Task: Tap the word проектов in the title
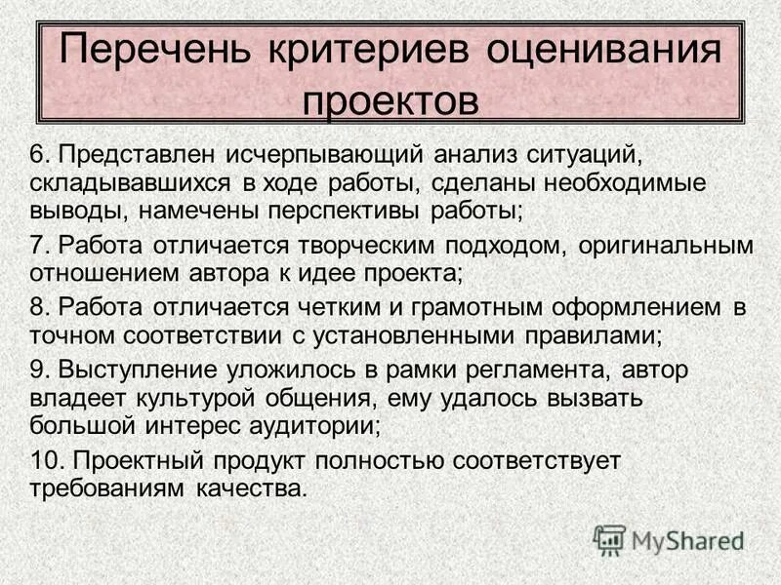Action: pyautogui.click(x=390, y=100)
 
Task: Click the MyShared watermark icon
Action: pyautogui.click(x=610, y=540)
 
